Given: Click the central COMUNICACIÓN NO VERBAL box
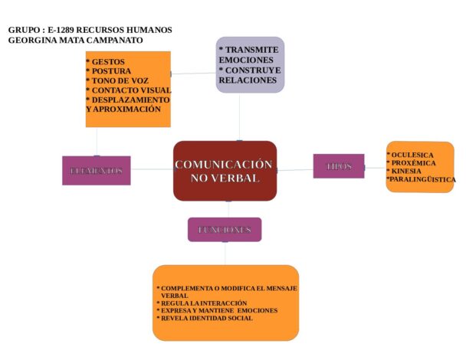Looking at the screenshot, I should point(225,171).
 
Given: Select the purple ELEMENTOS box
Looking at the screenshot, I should point(96,170).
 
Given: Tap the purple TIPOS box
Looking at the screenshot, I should point(338,166).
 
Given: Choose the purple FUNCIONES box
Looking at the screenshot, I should point(224,229).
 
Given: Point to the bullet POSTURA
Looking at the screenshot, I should point(113,70).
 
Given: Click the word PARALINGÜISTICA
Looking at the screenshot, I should point(422,179).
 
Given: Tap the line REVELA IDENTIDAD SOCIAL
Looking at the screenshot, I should point(206,317).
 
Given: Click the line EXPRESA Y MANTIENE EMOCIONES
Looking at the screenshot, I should point(218,310).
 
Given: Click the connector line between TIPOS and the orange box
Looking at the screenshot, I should point(376,166).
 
